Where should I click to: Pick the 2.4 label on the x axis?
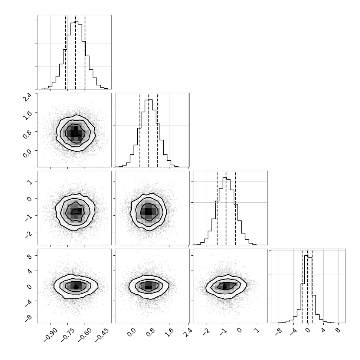click(x=188, y=332)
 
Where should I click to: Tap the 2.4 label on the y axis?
click(x=27, y=97)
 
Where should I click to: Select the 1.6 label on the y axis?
click(x=27, y=116)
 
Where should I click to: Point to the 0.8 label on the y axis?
click(x=27, y=135)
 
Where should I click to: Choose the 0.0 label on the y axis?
click(x=27, y=154)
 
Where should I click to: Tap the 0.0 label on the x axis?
click(x=131, y=332)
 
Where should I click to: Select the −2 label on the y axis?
click(x=29, y=235)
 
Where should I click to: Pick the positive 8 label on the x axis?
click(x=338, y=330)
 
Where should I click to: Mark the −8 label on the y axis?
click(x=29, y=319)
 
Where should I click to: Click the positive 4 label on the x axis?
click(x=323, y=330)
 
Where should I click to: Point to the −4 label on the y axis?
click(x=29, y=304)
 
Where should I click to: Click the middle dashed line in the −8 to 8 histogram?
click(x=307, y=286)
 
